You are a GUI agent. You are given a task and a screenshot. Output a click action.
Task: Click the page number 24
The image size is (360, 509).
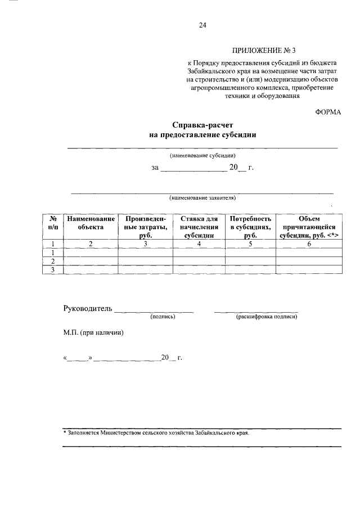click(203, 25)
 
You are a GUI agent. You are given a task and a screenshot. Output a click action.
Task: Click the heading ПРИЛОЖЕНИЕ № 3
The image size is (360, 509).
click(263, 51)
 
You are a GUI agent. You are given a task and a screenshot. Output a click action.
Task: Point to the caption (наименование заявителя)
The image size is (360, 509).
click(202, 198)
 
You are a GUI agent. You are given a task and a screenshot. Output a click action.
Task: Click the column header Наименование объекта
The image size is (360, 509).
click(91, 223)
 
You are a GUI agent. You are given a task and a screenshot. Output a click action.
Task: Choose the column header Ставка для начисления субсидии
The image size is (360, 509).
click(199, 227)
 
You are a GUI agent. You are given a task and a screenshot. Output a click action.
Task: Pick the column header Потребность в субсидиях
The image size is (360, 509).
click(250, 227)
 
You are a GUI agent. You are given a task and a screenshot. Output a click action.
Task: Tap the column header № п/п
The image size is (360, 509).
click(53, 223)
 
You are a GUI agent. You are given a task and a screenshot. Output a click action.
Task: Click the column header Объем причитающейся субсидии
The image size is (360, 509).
click(308, 227)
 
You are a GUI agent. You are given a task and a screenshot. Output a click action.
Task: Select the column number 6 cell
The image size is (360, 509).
click(308, 244)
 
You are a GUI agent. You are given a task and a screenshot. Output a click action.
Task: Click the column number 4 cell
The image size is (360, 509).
click(199, 244)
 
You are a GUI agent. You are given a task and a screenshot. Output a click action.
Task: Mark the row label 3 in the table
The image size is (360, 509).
click(53, 270)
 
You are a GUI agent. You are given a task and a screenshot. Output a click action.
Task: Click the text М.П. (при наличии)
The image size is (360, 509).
click(93, 332)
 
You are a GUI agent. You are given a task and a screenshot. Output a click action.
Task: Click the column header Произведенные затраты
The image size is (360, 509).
click(145, 227)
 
